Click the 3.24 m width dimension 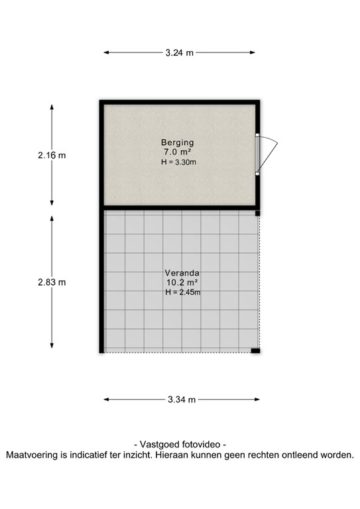point(179,52)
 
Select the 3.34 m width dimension point(182,399)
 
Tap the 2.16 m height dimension point(52,156)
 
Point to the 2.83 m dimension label point(52,282)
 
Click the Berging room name point(178,142)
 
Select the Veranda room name point(182,273)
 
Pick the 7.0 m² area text point(178,152)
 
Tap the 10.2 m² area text point(182,282)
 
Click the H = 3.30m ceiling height point(178,162)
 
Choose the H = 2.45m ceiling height point(183,292)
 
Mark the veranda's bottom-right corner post point(255,351)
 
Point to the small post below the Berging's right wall point(257,213)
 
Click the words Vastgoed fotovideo point(180,445)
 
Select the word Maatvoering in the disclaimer point(32,455)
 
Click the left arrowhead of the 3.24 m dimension point(106,52)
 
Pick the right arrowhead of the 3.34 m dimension point(257,399)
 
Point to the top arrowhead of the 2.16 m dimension point(52,107)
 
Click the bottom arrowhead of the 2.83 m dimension point(52,346)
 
